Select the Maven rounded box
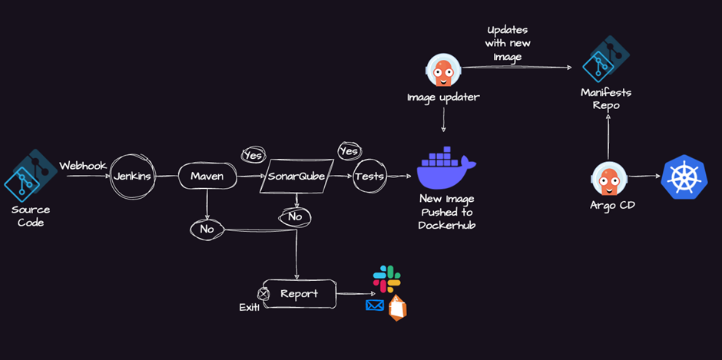(x=207, y=177)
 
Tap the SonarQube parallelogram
(x=296, y=177)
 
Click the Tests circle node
(x=369, y=177)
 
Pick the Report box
(x=299, y=293)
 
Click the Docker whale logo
(x=445, y=170)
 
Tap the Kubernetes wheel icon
(x=684, y=177)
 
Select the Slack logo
(x=386, y=279)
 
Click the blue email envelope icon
(x=375, y=306)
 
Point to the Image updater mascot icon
(x=442, y=71)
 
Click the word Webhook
(x=82, y=165)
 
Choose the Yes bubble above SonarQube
(x=252, y=155)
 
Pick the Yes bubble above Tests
(x=349, y=151)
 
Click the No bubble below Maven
(x=207, y=229)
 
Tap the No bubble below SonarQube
(x=294, y=217)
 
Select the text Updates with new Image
(x=508, y=43)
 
